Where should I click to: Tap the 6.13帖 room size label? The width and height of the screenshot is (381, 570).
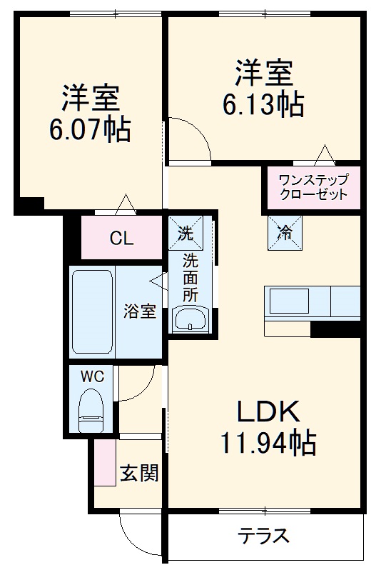[x=263, y=104]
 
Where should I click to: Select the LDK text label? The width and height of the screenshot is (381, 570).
[x=267, y=412]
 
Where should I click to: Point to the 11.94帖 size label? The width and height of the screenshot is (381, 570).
[x=267, y=444]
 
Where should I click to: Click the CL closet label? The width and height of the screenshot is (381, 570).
[x=121, y=239]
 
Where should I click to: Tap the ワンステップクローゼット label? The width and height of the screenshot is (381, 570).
[x=313, y=187]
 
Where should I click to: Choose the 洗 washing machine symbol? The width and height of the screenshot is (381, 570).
[x=185, y=232]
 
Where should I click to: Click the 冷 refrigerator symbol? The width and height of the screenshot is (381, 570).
[x=285, y=233]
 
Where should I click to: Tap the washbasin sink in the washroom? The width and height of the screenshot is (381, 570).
[x=190, y=319]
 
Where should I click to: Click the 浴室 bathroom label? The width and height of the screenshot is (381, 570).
[x=139, y=311]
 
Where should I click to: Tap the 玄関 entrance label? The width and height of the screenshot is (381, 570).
[x=139, y=473]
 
